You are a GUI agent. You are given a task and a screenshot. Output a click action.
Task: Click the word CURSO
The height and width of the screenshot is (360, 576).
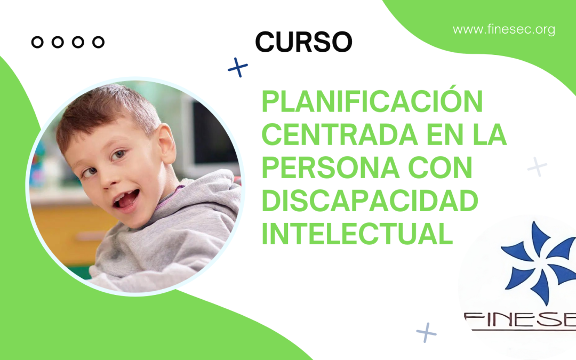(x=303, y=42)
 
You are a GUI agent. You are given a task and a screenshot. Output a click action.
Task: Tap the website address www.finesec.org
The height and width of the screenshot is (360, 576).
(x=503, y=29)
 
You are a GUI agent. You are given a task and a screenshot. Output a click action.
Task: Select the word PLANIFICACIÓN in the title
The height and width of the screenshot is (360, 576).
(x=372, y=101)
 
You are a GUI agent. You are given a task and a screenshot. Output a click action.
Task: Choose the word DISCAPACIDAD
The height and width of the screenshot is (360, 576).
(x=370, y=201)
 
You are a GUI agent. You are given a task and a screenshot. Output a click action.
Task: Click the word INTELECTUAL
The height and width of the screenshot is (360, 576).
(x=357, y=235)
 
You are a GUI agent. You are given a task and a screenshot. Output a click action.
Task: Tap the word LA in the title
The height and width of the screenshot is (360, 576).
(x=489, y=135)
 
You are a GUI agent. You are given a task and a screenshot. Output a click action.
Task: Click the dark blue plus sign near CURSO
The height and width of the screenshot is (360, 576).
(x=238, y=67)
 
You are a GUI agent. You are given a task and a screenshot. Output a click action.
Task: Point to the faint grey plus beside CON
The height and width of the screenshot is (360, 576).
(x=537, y=167)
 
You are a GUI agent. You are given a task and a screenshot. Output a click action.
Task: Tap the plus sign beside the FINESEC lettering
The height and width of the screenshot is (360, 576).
(x=426, y=332)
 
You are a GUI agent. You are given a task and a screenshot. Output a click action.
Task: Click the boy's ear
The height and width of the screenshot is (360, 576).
(x=166, y=144)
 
